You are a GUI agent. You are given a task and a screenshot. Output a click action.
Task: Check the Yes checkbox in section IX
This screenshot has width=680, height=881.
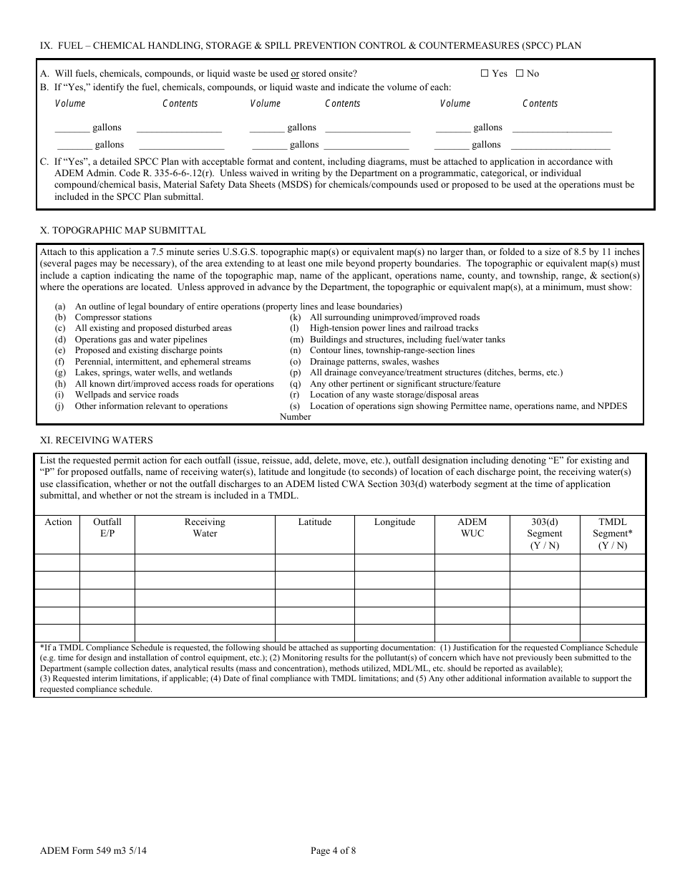pyautogui.click(x=485, y=73)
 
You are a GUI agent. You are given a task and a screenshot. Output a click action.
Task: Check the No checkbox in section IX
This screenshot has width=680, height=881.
pyautogui.click(x=520, y=73)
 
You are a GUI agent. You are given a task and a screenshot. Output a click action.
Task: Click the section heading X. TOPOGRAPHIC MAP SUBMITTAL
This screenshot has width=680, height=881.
pyautogui.click(x=122, y=230)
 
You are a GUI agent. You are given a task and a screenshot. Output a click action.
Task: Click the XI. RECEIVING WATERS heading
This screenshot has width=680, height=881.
pyautogui.click(x=96, y=440)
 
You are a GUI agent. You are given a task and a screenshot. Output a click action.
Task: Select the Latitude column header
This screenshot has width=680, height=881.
pyautogui.click(x=314, y=522)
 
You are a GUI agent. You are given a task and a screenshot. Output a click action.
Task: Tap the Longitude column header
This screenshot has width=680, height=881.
pyautogui.click(x=394, y=522)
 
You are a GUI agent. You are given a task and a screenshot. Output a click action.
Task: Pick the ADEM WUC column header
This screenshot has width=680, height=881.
pyautogui.click(x=472, y=528)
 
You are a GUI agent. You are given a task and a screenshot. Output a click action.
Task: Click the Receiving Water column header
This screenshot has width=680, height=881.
pyautogui.click(x=205, y=528)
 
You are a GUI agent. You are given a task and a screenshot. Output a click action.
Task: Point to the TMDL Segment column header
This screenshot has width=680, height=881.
pyautogui.click(x=612, y=534)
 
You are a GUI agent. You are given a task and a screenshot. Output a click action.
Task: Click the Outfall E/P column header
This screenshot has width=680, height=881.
pyautogui.click(x=107, y=528)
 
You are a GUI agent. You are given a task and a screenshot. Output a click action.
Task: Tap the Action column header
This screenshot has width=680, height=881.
pyautogui.click(x=58, y=522)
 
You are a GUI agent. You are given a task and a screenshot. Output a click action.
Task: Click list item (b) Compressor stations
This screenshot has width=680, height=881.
pyautogui.click(x=113, y=317)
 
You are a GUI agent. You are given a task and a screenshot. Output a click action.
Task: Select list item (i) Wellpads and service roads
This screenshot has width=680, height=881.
pyautogui.click(x=127, y=395)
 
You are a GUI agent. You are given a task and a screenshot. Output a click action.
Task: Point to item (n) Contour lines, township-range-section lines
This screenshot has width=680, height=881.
pyautogui.click(x=392, y=350)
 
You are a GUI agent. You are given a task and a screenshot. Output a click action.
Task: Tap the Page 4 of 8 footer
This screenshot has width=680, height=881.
pyautogui.click(x=333, y=851)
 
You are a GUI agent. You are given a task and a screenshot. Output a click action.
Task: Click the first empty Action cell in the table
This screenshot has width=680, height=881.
pyautogui.click(x=57, y=562)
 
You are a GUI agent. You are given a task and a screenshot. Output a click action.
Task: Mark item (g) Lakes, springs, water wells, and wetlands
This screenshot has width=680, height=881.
pyautogui.click(x=153, y=372)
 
